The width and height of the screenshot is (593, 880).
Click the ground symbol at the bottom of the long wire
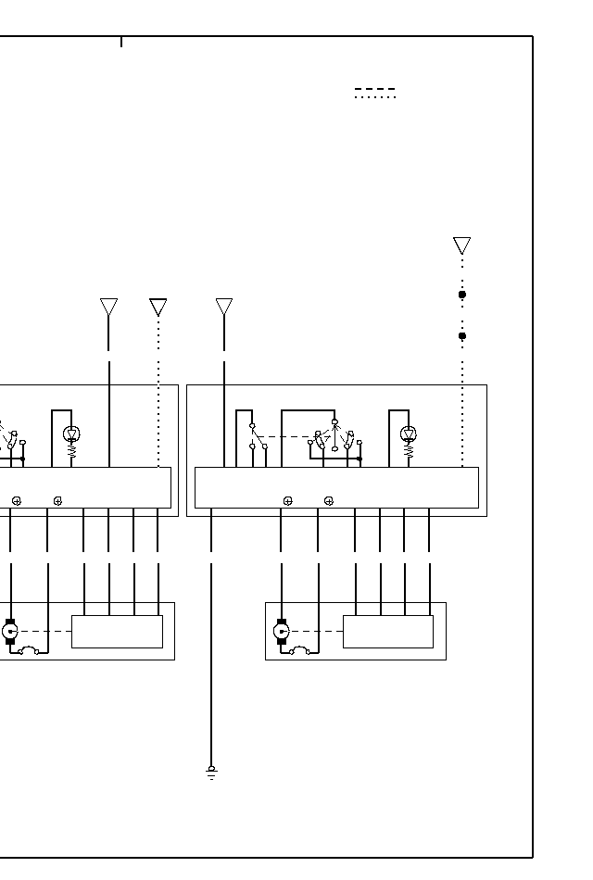pyautogui.click(x=211, y=772)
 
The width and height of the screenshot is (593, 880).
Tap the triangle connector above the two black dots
pyautogui.click(x=461, y=245)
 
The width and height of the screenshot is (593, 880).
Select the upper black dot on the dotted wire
pyautogui.click(x=462, y=295)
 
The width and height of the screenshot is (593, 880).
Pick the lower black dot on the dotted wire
pyautogui.click(x=462, y=336)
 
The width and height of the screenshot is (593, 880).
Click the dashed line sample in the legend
pyautogui.click(x=374, y=89)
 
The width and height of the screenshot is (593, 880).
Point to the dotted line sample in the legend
pyautogui.click(x=374, y=97)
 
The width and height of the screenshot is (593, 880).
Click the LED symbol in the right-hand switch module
pyautogui.click(x=409, y=434)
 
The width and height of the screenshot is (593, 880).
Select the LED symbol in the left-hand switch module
pyautogui.click(x=71, y=434)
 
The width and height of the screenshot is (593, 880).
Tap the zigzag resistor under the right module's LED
pyautogui.click(x=409, y=452)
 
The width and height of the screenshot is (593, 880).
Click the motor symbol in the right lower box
pyautogui.click(x=282, y=632)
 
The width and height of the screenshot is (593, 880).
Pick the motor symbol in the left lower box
pyautogui.click(x=10, y=632)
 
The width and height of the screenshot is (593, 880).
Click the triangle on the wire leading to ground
pyautogui.click(x=224, y=307)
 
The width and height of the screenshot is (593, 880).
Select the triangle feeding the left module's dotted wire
pyautogui.click(x=158, y=307)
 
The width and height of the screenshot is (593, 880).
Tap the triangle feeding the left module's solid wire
pyautogui.click(x=108, y=307)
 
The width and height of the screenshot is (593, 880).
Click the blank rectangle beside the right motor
pyautogui.click(x=387, y=632)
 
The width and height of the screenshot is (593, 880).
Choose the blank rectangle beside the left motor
pyautogui.click(x=117, y=632)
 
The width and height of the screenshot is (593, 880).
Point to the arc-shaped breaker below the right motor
pyautogui.click(x=299, y=649)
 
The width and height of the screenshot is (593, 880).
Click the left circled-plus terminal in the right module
pyautogui.click(x=287, y=501)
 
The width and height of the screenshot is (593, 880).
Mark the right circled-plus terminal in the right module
pyautogui.click(x=329, y=501)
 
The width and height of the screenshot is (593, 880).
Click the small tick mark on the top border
pyautogui.click(x=121, y=42)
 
